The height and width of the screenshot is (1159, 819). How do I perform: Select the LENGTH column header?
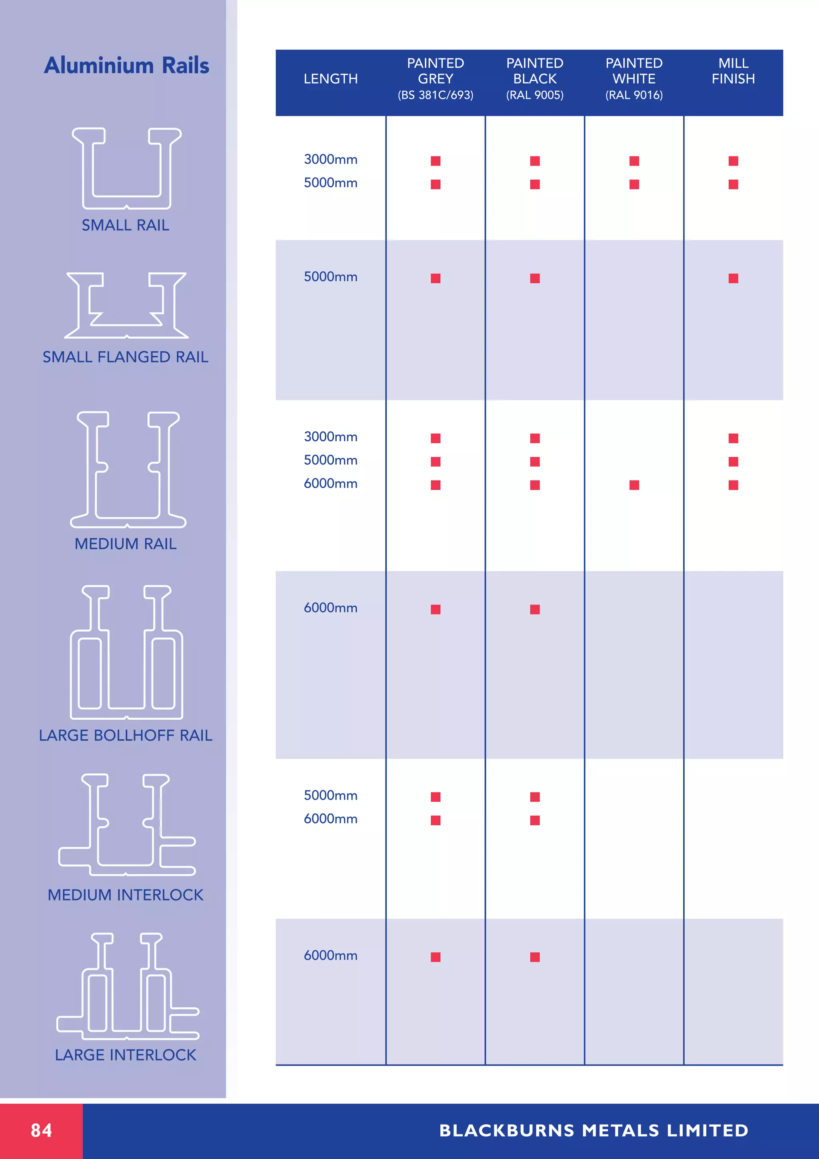[331, 79]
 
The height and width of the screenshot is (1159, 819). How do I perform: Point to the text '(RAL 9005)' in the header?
[535, 95]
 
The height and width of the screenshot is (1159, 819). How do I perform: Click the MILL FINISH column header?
[733, 71]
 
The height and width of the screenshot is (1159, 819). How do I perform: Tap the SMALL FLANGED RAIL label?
[125, 357]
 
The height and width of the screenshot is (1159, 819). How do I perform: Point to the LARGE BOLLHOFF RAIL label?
[126, 735]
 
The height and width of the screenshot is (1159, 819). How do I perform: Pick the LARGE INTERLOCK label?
[126, 1055]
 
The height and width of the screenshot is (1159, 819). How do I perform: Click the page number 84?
[41, 1130]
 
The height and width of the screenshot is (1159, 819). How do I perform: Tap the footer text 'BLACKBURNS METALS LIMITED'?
[594, 1130]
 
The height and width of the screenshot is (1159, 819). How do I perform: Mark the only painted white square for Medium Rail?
[634, 485]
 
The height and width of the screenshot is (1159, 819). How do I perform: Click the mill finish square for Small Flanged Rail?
[733, 278]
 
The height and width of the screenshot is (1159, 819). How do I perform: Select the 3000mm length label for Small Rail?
[331, 160]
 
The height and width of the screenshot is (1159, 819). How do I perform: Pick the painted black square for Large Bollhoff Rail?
[535, 609]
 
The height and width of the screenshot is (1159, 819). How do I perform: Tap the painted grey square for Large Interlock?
[435, 957]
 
